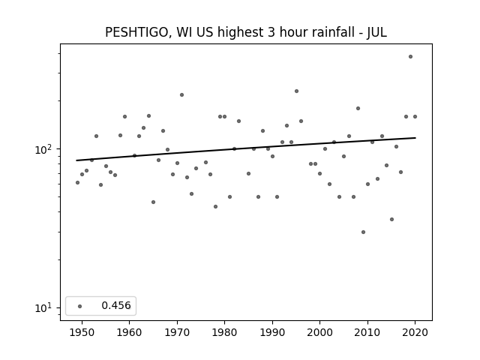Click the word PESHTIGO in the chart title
pyautogui.click(x=136, y=32)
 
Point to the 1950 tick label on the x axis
pyautogui.click(x=82, y=333)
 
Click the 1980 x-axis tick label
pyautogui.click(x=224, y=333)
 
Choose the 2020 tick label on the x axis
pyautogui.click(x=415, y=333)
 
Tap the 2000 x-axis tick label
pyautogui.click(x=320, y=333)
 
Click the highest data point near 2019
pyautogui.click(x=410, y=57)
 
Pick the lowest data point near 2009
pyautogui.click(x=363, y=232)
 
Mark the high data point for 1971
pyautogui.click(x=181, y=95)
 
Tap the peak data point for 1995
pyautogui.click(x=296, y=91)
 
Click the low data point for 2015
pyautogui.click(x=391, y=220)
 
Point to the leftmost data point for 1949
pyautogui.click(x=77, y=183)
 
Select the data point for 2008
pyautogui.click(x=358, y=108)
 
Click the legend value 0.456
pyautogui.click(x=116, y=305)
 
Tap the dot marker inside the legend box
pyautogui.click(x=80, y=306)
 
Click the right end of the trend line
pyautogui.click(x=415, y=138)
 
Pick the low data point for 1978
pyautogui.click(x=215, y=207)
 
